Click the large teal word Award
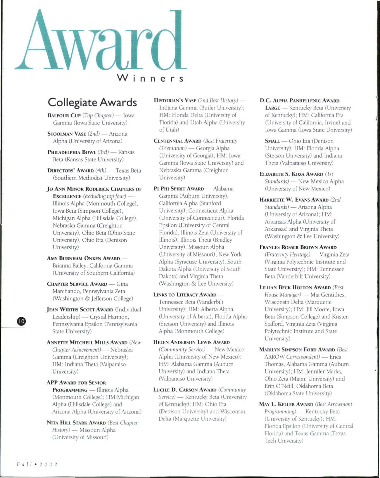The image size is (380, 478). tap(101, 41)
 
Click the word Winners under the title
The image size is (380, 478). tap(150, 78)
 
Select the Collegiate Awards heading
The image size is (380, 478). tap(92, 102)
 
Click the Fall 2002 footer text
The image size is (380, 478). tap(37, 465)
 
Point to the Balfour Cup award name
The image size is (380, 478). tap(64, 116)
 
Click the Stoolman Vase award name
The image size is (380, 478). tap(67, 134)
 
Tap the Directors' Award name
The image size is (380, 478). tap(70, 171)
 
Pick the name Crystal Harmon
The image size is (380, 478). tap(109, 317)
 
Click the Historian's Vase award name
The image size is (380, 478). tap(175, 101)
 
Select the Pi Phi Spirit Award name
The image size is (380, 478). tap(179, 189)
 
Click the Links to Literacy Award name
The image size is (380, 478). tap(185, 295)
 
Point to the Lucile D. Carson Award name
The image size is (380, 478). tap(185, 390)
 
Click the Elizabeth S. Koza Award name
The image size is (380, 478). tap(291, 174)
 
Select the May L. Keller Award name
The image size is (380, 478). tap(286, 404)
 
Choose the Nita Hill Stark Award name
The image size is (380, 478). tap(76, 423)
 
